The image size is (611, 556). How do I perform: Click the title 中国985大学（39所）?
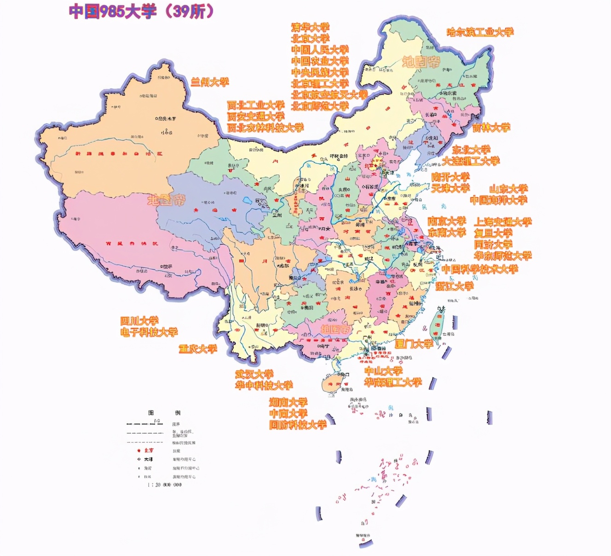click(142, 12)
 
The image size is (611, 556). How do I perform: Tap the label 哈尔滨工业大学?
click(480, 32)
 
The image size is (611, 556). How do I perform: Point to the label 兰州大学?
click(210, 82)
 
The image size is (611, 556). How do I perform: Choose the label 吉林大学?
click(491, 128)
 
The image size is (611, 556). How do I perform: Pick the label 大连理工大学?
click(471, 161)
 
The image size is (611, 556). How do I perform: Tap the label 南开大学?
click(450, 177)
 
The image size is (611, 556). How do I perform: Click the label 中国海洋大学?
click(499, 200)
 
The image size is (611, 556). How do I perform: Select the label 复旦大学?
click(493, 233)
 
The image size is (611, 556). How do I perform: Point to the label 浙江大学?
click(455, 286)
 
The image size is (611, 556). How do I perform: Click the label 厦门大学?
click(414, 344)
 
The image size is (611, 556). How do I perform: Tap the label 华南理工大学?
click(393, 382)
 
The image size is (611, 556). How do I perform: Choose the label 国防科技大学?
click(298, 425)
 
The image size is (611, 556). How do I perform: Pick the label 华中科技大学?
click(264, 386)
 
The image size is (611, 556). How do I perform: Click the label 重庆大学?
click(198, 349)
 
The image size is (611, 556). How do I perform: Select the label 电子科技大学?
click(149, 332)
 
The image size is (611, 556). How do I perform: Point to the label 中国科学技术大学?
click(480, 269)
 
